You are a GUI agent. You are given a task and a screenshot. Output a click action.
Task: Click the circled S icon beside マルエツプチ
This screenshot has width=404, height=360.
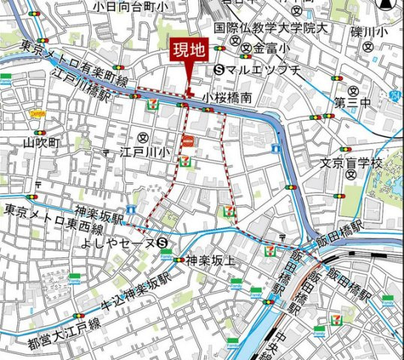pyautogui.click(x=219, y=70)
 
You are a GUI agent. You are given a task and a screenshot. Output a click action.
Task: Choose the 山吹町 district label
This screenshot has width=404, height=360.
pyautogui.click(x=35, y=141)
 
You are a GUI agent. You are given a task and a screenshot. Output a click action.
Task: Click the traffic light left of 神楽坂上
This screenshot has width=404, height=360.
pyautogui.click(x=178, y=260)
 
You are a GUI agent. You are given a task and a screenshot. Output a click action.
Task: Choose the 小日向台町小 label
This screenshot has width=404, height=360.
pyautogui.click(x=133, y=6)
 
